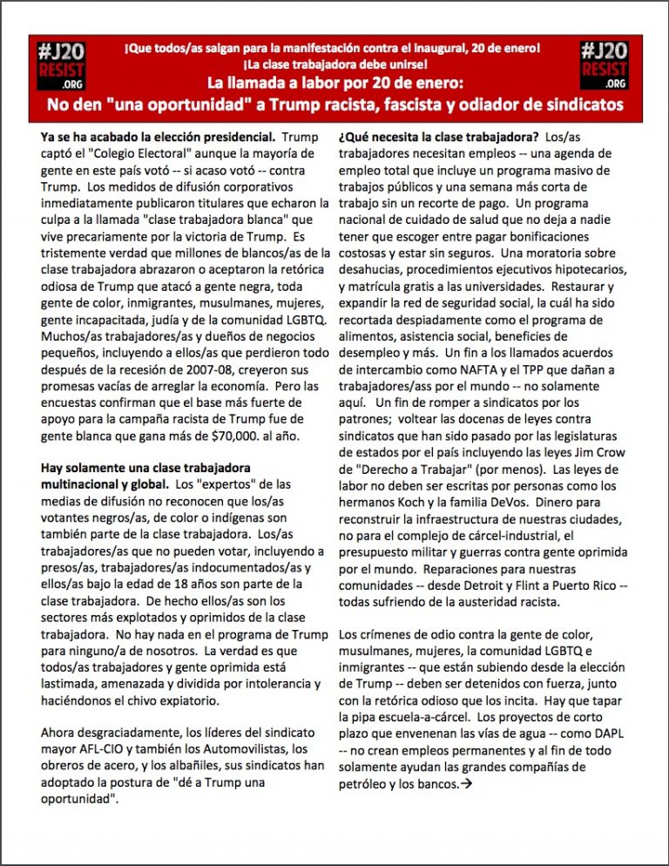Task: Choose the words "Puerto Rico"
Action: click(x=585, y=585)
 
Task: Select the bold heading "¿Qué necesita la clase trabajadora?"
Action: click(x=436, y=137)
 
